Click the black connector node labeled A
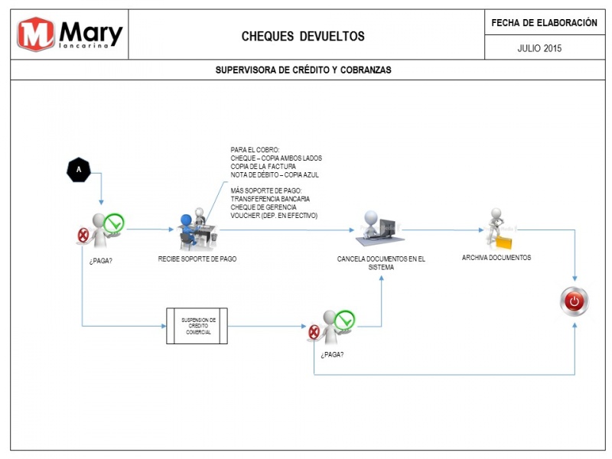coord(79,170)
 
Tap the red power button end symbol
coord(575,301)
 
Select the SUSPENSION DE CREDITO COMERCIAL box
coord(197,326)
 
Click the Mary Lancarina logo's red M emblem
coord(36,34)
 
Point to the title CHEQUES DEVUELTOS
coord(303,36)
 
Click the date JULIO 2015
coord(539,48)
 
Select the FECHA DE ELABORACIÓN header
coord(544,23)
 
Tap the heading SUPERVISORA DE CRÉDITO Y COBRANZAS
coord(303,70)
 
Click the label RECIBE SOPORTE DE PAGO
coord(197,259)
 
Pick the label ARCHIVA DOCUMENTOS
coord(496,258)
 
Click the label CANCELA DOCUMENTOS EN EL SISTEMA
coord(381,263)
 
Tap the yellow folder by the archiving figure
coord(503,242)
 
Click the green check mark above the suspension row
coord(114,223)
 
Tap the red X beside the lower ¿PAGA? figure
coord(314,332)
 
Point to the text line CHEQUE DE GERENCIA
coord(263,207)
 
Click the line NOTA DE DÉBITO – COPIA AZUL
coord(275,175)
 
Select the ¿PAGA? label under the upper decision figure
coord(101,261)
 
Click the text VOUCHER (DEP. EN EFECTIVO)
coord(274,216)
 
